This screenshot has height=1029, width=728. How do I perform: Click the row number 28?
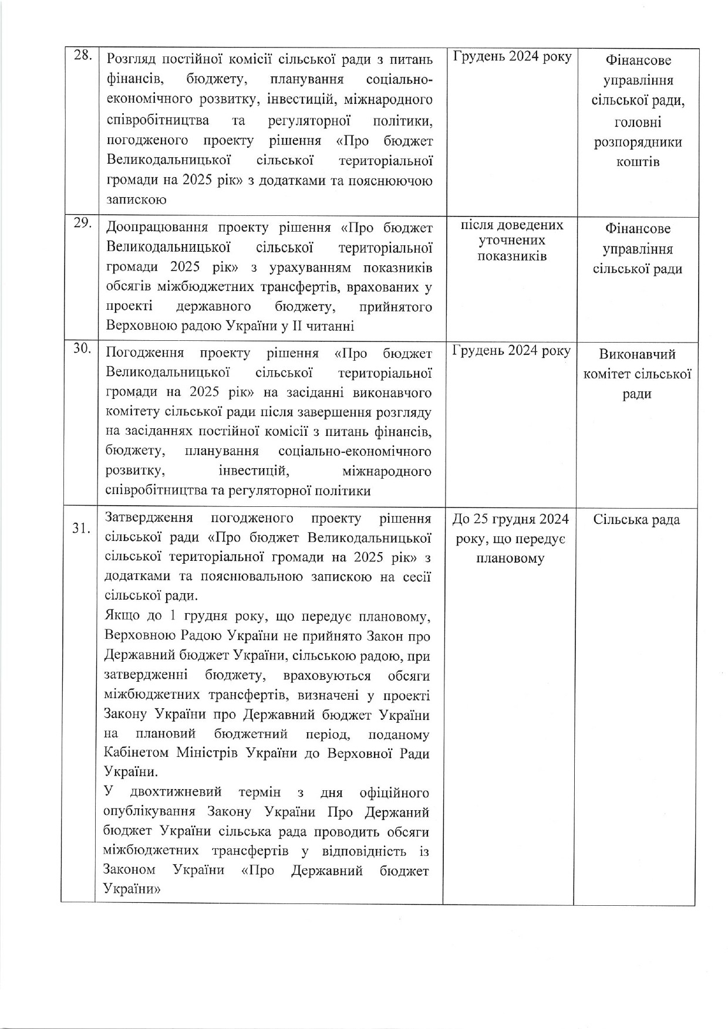pos(82,56)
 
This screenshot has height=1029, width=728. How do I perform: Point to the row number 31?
pos(81,528)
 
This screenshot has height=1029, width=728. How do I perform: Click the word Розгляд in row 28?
pos(131,60)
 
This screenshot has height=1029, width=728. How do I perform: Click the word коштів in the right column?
pos(638,162)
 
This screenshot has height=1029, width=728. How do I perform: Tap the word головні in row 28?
pos(638,122)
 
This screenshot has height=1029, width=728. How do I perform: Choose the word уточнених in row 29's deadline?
pos(512,241)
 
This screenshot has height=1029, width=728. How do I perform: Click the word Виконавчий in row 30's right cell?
pos(638,354)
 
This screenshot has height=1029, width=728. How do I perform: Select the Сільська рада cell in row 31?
pos(636,520)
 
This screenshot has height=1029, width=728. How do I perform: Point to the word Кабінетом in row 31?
pos(133,753)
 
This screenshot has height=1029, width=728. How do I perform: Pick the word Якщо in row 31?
pos(119,617)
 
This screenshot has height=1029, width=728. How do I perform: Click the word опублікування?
pos(149,813)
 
